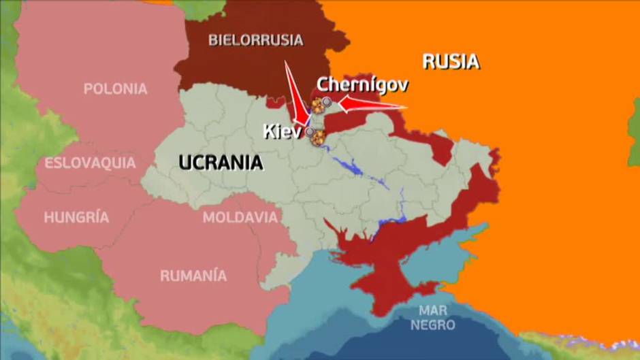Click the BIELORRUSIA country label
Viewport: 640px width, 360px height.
[x=255, y=40]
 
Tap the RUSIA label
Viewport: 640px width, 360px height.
[x=451, y=62]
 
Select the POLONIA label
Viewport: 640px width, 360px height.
[x=115, y=88]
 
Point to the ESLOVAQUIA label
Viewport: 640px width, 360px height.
[x=90, y=163]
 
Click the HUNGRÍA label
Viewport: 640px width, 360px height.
[x=76, y=218]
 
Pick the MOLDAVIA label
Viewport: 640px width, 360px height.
[x=240, y=218]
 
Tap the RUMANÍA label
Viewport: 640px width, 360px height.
[x=193, y=276]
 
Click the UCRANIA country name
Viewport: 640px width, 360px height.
[x=221, y=162]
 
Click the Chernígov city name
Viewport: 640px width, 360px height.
[x=362, y=85]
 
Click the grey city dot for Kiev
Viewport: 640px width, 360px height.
[x=310, y=131]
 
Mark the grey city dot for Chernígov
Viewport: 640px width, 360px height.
[x=327, y=101]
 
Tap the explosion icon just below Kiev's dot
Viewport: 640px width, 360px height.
[x=317, y=139]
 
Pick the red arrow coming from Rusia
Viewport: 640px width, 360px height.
[x=371, y=105]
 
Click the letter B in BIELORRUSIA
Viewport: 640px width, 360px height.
[x=212, y=40]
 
